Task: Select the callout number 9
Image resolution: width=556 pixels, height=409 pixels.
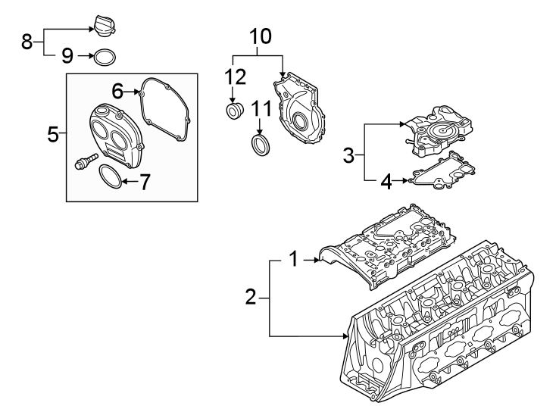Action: pos(67,55)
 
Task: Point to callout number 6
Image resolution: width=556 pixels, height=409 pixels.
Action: pos(117,91)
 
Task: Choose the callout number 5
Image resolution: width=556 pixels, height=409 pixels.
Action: pos(52,135)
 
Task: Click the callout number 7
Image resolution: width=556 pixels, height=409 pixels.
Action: pos(145,182)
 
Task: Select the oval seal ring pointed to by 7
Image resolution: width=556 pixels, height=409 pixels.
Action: pos(110,179)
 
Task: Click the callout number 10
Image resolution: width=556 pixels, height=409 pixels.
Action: pos(259,36)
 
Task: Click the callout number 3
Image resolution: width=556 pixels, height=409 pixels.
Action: pos(348,156)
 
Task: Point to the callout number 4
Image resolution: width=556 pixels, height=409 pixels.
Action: pos(386,181)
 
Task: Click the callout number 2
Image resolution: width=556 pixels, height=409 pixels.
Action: pos(251,298)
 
